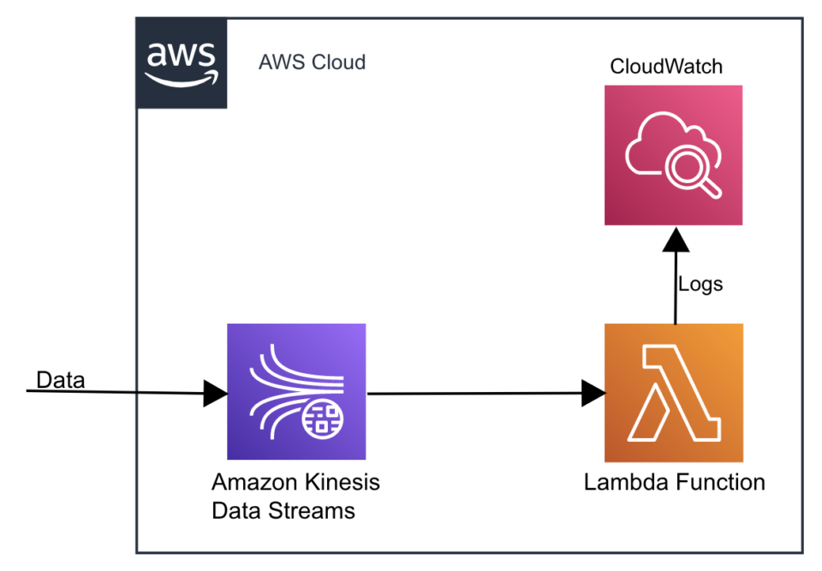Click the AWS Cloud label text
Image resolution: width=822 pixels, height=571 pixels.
(x=312, y=62)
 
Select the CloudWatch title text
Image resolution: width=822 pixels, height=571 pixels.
(x=666, y=66)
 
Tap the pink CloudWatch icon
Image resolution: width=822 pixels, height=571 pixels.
(x=673, y=155)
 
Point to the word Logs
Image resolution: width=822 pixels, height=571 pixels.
(x=700, y=284)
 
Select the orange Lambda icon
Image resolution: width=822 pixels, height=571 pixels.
(x=673, y=393)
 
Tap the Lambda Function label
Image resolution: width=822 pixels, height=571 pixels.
(x=674, y=482)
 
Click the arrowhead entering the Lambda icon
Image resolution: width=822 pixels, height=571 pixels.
(x=593, y=394)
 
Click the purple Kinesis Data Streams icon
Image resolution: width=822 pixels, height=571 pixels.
(x=296, y=392)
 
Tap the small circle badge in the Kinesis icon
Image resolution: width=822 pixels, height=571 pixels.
(x=323, y=419)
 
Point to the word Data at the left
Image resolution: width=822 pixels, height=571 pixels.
(x=60, y=380)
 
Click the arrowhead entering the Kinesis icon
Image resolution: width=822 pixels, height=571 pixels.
(x=215, y=394)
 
